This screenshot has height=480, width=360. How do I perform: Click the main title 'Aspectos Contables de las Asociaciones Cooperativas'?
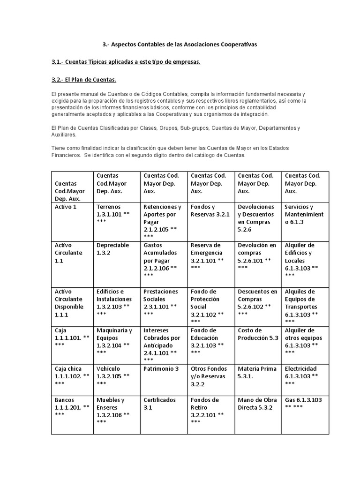pyautogui.click(x=180, y=45)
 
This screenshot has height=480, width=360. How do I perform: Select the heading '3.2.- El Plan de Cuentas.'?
pyautogui.click(x=83, y=79)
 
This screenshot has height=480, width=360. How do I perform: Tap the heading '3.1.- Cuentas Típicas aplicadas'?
pyautogui.click(x=126, y=62)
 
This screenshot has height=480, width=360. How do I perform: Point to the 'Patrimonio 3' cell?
pyautogui.click(x=161, y=369)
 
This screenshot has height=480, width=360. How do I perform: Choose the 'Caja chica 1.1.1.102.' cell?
pyautogui.click(x=72, y=376)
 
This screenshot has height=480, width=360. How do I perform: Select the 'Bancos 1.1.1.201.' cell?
pyautogui.click(x=72, y=407)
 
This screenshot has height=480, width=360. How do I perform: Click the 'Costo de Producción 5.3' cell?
pyautogui.click(x=258, y=334)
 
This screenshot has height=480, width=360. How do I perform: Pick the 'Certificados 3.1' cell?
pyautogui.click(x=160, y=404)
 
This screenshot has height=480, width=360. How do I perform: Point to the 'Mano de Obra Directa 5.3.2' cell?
pyautogui.click(x=257, y=404)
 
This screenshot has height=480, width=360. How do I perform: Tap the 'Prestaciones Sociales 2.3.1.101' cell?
pyautogui.click(x=161, y=302)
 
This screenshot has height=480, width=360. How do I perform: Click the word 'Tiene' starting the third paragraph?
pyautogui.click(x=59, y=148)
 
